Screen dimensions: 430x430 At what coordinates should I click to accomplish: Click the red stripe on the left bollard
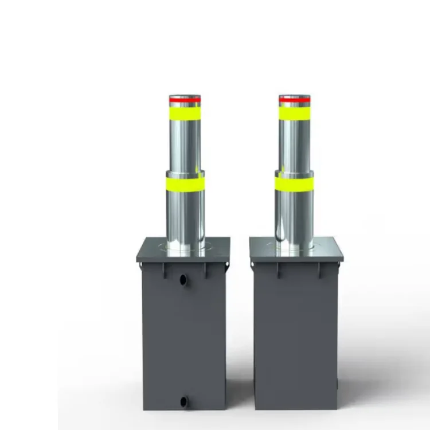(185, 100)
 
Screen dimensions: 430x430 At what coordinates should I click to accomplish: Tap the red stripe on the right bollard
(295, 100)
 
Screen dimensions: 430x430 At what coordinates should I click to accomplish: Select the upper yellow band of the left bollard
(185, 114)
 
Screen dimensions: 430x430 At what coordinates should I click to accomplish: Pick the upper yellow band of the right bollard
(295, 114)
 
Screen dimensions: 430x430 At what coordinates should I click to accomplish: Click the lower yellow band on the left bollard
(185, 184)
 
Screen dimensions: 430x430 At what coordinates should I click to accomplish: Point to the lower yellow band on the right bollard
(294, 184)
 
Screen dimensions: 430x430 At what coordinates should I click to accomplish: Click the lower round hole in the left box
(183, 401)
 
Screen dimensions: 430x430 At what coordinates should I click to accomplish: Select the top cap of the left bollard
(185, 96)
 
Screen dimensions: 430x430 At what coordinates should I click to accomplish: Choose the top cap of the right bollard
(295, 96)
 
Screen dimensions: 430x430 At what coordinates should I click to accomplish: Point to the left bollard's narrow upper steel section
(185, 143)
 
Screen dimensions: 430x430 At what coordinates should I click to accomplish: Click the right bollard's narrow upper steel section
(295, 143)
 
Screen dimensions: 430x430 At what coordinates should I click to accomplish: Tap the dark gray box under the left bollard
(183, 344)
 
